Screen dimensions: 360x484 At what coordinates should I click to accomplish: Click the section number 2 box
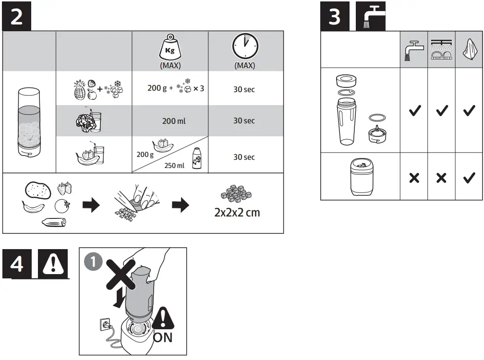pos(17,17)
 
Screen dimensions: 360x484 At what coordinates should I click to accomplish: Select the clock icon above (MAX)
pos(245,47)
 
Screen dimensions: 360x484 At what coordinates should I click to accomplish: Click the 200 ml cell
pos(173,121)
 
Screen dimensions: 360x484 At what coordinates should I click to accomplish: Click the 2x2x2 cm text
pos(237,213)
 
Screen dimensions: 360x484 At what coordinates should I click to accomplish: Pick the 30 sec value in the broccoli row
pos(244,121)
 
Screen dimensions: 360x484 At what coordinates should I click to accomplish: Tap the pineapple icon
pos(79,90)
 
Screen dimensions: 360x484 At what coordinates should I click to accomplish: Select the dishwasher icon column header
pos(441,50)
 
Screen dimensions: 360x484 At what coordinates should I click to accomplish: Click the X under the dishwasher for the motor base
pos(441,178)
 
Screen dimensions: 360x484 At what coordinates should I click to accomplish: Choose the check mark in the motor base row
pos(468,178)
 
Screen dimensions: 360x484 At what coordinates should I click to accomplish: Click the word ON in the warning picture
pos(163,337)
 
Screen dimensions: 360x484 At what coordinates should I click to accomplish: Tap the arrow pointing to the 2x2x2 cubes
pos(180,206)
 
